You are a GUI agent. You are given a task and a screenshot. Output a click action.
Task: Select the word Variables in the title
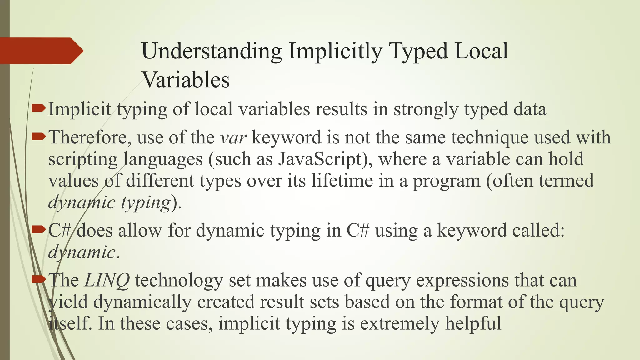[x=186, y=80]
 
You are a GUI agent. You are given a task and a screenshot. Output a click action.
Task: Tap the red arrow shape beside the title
[x=41, y=51]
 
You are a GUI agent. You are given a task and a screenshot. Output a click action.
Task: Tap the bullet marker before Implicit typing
[x=39, y=108]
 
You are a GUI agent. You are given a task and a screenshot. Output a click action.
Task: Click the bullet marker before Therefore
[x=39, y=136]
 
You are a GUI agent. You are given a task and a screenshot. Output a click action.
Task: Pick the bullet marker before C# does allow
[x=39, y=230]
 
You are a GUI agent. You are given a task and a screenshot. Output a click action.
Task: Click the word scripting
[x=83, y=159]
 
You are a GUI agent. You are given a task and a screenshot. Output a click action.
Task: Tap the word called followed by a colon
[x=538, y=231]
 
